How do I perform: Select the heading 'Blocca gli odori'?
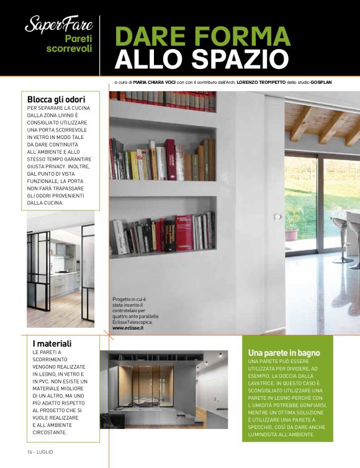[x=56, y=99]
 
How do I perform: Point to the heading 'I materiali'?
[x=52, y=343]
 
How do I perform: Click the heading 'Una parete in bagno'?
[x=284, y=353]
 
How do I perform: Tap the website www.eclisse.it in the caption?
[x=128, y=328]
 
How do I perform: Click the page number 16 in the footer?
[x=29, y=449]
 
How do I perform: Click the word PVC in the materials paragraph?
[x=50, y=384]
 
